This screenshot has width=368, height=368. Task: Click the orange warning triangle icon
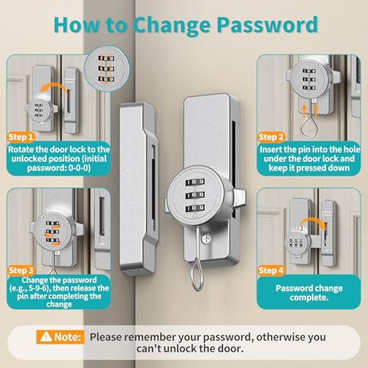46,337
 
